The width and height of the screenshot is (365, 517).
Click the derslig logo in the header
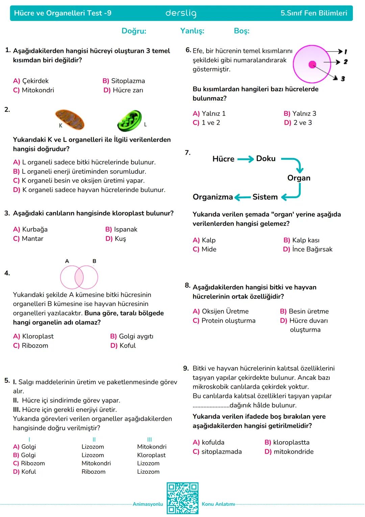[181, 13]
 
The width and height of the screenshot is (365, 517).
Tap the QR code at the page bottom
[182, 498]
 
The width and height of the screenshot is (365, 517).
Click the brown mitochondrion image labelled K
[70, 120]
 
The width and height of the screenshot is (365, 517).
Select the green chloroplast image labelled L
[130, 121]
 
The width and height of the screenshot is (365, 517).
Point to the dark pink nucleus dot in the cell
[312, 64]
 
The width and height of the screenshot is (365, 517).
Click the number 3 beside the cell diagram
[343, 79]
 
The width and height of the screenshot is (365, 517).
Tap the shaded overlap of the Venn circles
[79, 277]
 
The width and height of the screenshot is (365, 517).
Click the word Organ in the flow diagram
[299, 178]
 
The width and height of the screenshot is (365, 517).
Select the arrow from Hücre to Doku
[245, 159]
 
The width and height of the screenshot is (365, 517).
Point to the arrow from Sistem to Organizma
[243, 197]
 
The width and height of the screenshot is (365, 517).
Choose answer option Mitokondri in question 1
[38, 90]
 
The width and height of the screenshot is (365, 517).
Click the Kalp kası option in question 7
[306, 240]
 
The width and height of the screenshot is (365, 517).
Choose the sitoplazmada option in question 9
[221, 451]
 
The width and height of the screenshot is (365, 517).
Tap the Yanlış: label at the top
[192, 31]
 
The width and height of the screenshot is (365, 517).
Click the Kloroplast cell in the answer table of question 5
[151, 455]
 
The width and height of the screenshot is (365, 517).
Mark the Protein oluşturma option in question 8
[228, 320]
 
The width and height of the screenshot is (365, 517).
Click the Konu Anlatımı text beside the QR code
[218, 504]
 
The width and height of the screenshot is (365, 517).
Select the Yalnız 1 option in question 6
[213, 113]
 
